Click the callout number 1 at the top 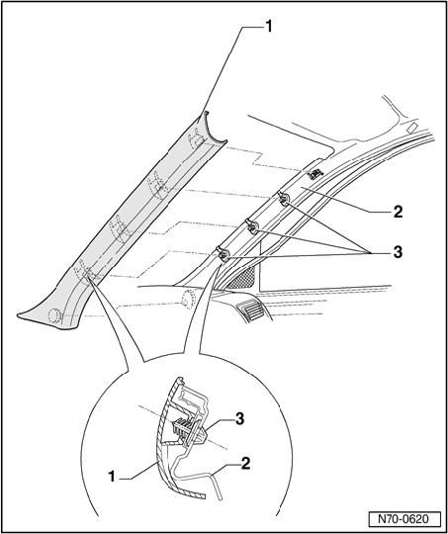coord(269,27)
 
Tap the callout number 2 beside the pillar coord(398,212)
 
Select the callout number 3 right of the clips coord(398,252)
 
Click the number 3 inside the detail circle coord(240,419)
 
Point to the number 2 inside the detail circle coord(245,464)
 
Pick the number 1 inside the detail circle coord(112,477)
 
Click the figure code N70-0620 coord(403,519)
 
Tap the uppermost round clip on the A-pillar coord(284,199)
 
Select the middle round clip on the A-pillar coord(252,226)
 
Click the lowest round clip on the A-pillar coord(224,255)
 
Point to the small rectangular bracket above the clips coord(314,174)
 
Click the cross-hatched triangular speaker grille coord(244,278)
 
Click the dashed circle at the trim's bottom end coord(54,315)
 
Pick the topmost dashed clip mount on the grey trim coord(196,138)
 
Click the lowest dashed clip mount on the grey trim coord(86,273)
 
